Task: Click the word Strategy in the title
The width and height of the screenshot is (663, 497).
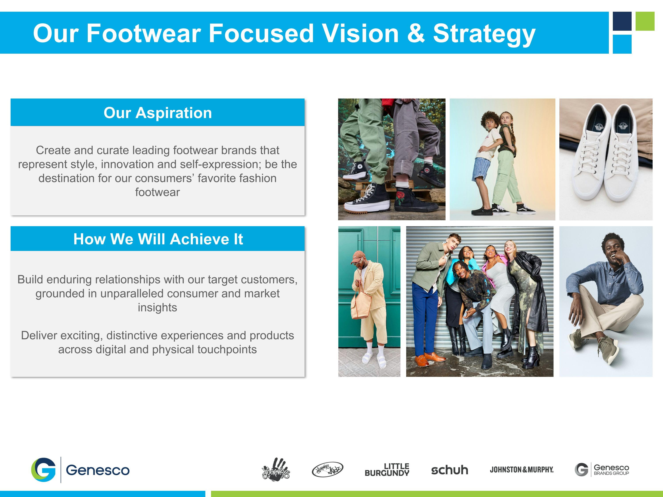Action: [484, 34]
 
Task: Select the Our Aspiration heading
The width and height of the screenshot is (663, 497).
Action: [158, 113]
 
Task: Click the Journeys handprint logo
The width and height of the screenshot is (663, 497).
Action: [276, 469]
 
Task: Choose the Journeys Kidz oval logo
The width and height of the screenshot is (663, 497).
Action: [327, 469]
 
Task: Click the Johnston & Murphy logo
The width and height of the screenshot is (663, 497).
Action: [522, 469]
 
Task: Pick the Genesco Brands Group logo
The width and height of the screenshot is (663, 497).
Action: [602, 469]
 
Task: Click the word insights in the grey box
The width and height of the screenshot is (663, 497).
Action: [157, 308]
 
